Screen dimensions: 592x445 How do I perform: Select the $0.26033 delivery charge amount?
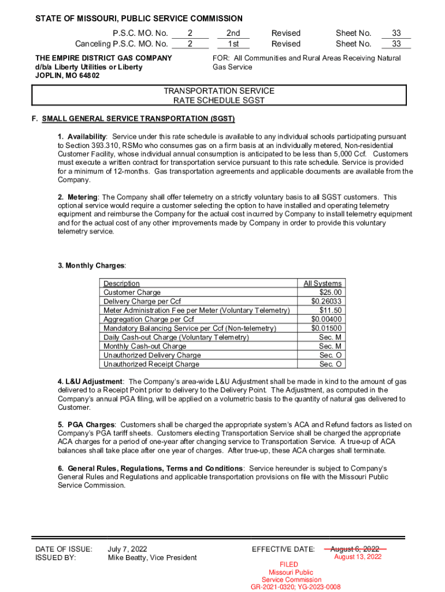coord(327,301)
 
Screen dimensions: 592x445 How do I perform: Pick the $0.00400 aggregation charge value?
coord(327,319)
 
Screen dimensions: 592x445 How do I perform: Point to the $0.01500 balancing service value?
coord(327,328)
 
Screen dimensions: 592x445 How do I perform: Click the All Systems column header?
coord(322,283)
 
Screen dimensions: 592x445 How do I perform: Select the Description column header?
coord(121,283)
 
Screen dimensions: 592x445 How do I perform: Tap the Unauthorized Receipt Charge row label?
coord(151,364)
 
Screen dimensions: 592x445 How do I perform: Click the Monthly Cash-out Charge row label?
coord(144,346)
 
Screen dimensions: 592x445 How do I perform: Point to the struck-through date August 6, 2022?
coord(355,549)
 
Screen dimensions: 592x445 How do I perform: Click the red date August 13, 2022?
coord(358,557)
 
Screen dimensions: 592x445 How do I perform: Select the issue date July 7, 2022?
coord(127,549)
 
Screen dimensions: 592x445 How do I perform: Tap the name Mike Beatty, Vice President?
coord(152,558)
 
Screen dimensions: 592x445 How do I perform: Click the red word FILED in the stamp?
coord(289,564)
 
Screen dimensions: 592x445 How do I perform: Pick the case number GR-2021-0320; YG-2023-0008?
coord(295,587)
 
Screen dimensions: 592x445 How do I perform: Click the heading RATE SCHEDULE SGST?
coord(219,101)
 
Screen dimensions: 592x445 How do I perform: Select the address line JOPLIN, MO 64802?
coord(67,75)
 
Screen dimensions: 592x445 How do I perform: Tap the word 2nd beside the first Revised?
coord(233,34)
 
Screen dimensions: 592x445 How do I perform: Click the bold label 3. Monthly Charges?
coord(91,265)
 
